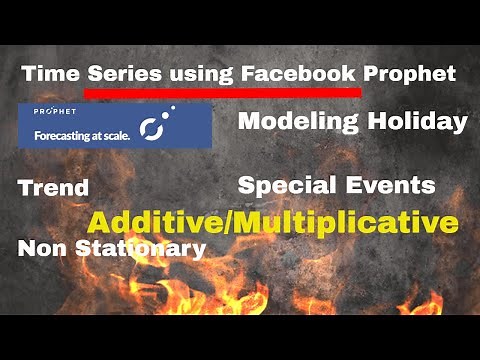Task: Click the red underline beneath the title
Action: click(222, 93)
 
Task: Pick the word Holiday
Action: click(420, 122)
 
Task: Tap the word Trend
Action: click(53, 187)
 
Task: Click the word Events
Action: click(388, 185)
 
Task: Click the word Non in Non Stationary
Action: click(41, 248)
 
